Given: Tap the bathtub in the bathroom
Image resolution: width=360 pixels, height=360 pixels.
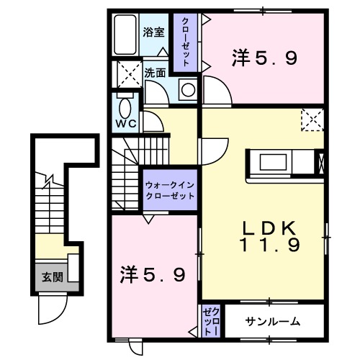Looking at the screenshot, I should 126,35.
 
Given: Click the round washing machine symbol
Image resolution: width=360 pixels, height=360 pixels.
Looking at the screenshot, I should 187,90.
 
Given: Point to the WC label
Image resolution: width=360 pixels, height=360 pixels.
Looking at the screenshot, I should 127,123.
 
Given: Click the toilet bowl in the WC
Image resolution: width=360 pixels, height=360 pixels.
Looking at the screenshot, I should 126,109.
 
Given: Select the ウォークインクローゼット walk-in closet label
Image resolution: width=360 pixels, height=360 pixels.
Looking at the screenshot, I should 170,189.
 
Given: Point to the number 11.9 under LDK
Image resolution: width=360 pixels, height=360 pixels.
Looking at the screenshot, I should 269,245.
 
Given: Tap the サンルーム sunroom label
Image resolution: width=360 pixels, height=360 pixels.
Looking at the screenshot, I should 272,321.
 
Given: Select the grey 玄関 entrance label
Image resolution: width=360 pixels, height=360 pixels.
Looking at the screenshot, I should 50,277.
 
